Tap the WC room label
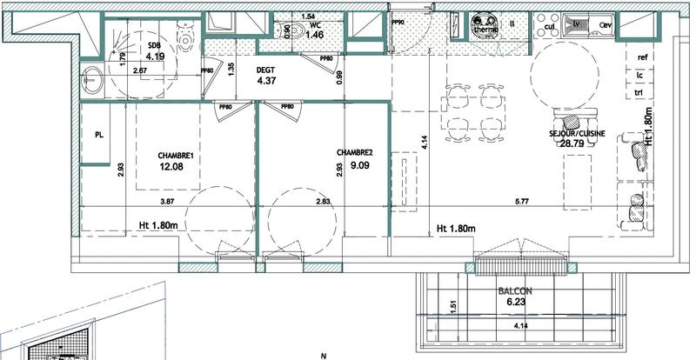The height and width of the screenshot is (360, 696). click(316, 25)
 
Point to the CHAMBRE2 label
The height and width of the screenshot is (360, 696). click(354, 152)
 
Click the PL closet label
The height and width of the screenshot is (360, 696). click(100, 135)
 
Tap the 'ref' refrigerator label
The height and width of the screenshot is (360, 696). click(644, 58)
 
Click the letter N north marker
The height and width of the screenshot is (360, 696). click(323, 355)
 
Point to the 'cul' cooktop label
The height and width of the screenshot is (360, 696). click(550, 26)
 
